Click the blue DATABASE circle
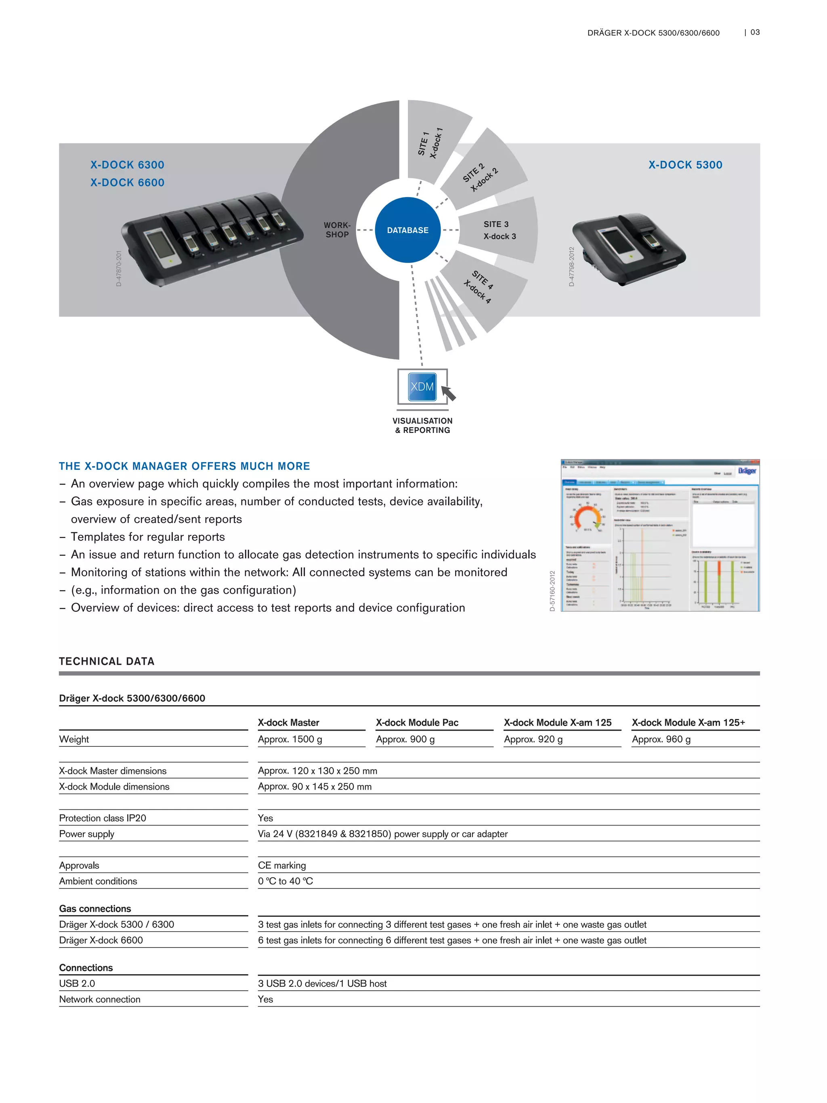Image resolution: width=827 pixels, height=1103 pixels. pyautogui.click(x=407, y=230)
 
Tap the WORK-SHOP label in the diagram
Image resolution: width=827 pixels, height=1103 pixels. pyautogui.click(x=337, y=230)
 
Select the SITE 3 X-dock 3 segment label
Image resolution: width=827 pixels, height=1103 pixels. pyautogui.click(x=499, y=230)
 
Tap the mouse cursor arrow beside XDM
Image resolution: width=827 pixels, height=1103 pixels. pyautogui.click(x=449, y=393)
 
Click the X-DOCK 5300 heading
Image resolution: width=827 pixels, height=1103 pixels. pyautogui.click(x=685, y=165)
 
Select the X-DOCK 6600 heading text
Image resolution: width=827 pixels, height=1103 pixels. pyautogui.click(x=127, y=183)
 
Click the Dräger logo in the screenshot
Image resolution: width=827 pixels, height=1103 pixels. pyautogui.click(x=747, y=471)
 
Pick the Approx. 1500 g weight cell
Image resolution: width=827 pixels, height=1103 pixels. pyautogui.click(x=290, y=739)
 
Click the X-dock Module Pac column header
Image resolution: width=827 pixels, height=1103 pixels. pyautogui.click(x=417, y=723)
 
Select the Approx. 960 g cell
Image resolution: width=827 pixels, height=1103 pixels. pyautogui.click(x=661, y=739)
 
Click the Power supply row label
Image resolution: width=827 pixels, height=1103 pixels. pyautogui.click(x=87, y=834)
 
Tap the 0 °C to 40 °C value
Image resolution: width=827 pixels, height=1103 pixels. pyautogui.click(x=285, y=881)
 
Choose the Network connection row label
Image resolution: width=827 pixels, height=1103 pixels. pyautogui.click(x=100, y=999)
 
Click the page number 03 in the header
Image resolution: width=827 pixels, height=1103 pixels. pyautogui.click(x=755, y=32)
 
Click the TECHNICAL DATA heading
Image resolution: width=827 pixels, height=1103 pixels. pyautogui.click(x=107, y=661)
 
